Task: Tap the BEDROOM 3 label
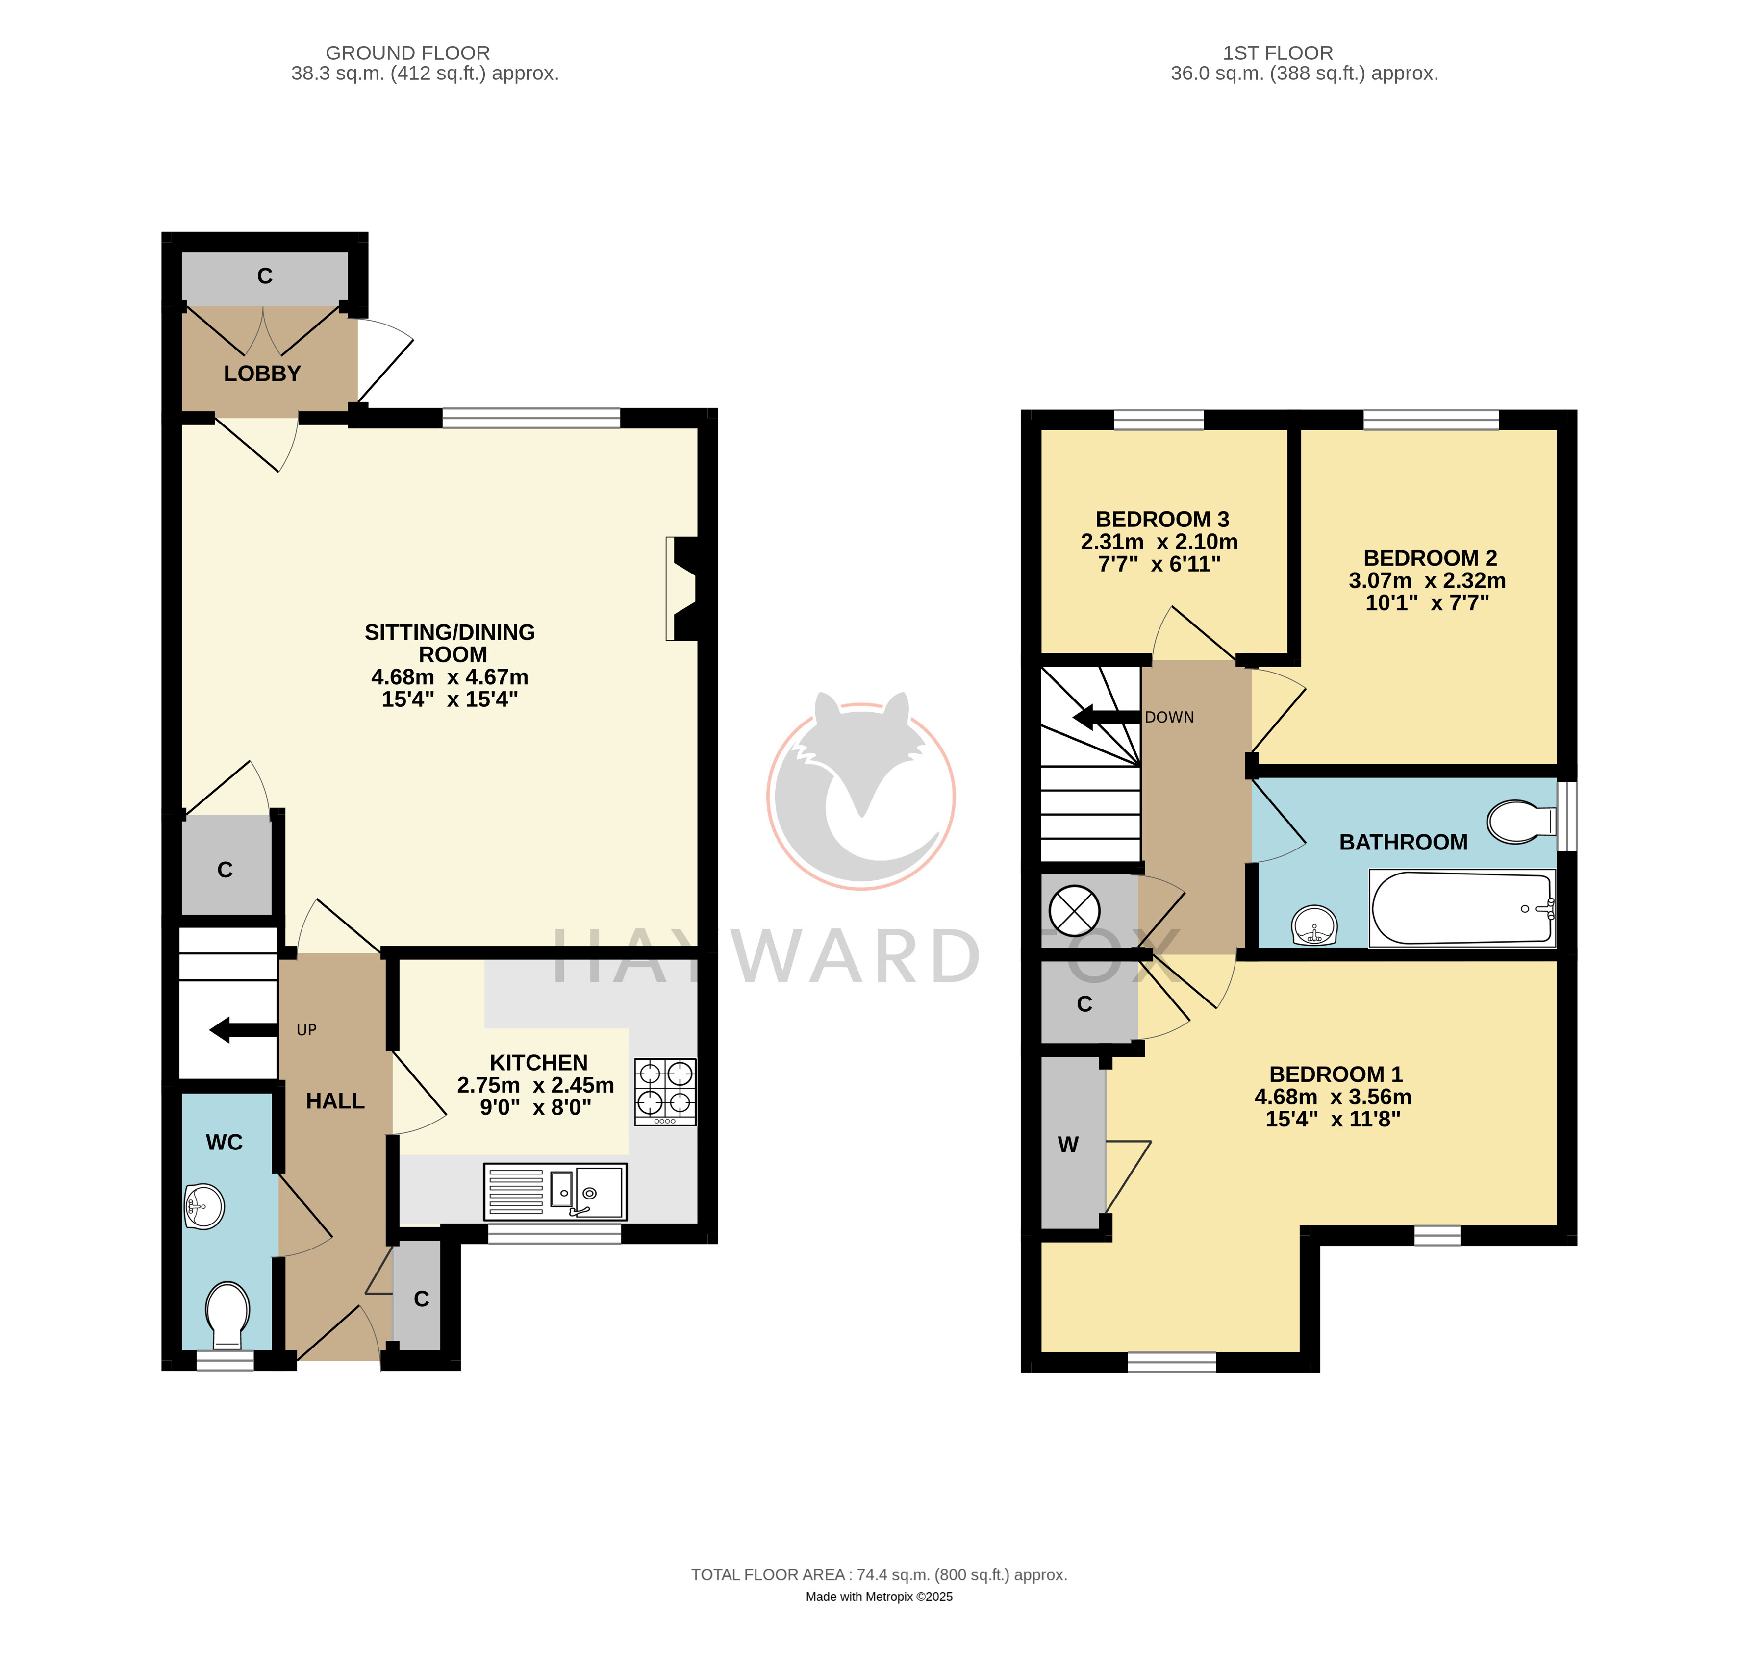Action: pyautogui.click(x=1162, y=519)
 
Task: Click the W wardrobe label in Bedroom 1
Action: pyautogui.click(x=1068, y=1144)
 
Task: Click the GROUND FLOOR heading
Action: pyautogui.click(x=407, y=53)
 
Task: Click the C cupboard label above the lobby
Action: pyautogui.click(x=264, y=276)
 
